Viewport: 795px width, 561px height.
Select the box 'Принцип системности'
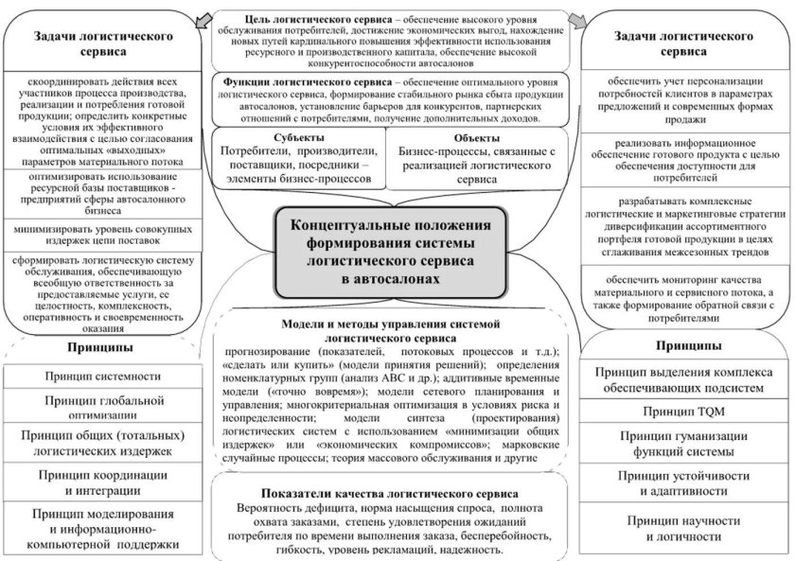click(x=100, y=376)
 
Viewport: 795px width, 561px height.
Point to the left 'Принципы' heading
click(x=100, y=346)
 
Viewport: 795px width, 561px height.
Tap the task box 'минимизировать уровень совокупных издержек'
click(x=100, y=236)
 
